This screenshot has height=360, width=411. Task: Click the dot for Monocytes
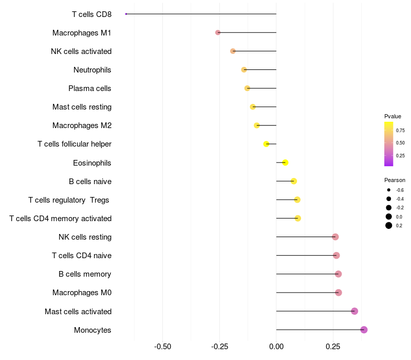tap(364, 330)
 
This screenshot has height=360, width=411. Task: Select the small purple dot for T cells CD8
tap(126, 14)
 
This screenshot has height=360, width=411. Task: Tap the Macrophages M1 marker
tap(218, 32)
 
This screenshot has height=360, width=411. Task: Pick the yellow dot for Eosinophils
tap(285, 163)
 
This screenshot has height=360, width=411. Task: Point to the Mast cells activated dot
tap(354, 311)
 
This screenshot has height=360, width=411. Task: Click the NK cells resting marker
tap(335, 237)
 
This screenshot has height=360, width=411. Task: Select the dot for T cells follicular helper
tap(266, 144)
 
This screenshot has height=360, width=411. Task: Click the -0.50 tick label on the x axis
tap(162, 347)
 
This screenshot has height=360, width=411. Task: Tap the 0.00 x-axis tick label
tap(276, 347)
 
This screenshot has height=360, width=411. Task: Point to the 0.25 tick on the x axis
tap(333, 347)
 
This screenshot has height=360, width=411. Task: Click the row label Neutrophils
tap(92, 70)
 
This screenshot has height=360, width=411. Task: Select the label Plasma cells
tap(89, 88)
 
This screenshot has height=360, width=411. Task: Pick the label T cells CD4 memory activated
tap(60, 219)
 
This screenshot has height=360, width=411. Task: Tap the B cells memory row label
tap(85, 274)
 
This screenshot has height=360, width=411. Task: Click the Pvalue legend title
tap(393, 116)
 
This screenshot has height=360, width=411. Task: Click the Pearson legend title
tap(395, 180)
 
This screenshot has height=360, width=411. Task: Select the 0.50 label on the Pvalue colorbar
tap(400, 143)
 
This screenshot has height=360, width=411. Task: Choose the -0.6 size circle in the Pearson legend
tap(389, 190)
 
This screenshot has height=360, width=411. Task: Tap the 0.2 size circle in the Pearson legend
tap(389, 225)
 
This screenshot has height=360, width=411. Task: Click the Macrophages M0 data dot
tap(339, 293)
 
